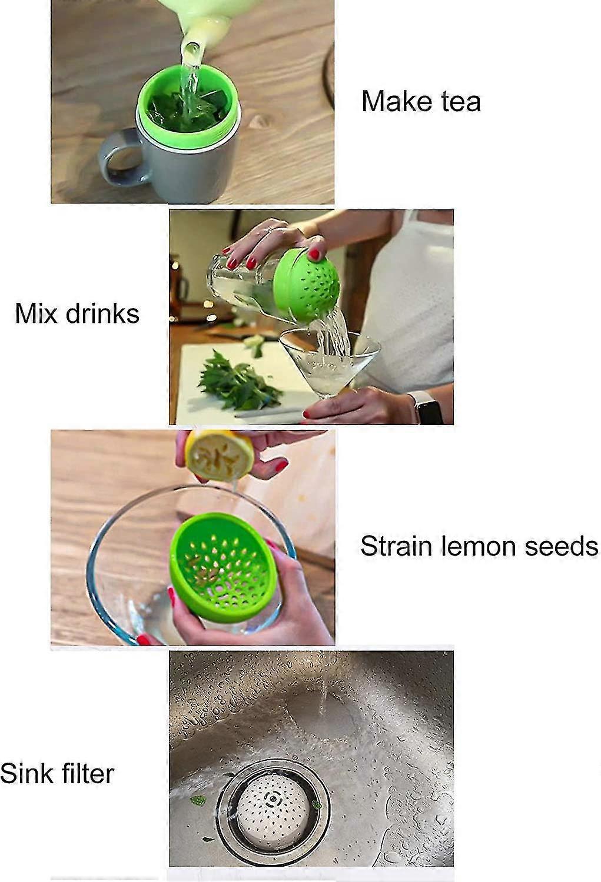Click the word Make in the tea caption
pos(397,102)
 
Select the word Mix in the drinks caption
pos(36,313)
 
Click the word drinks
pos(102,313)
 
